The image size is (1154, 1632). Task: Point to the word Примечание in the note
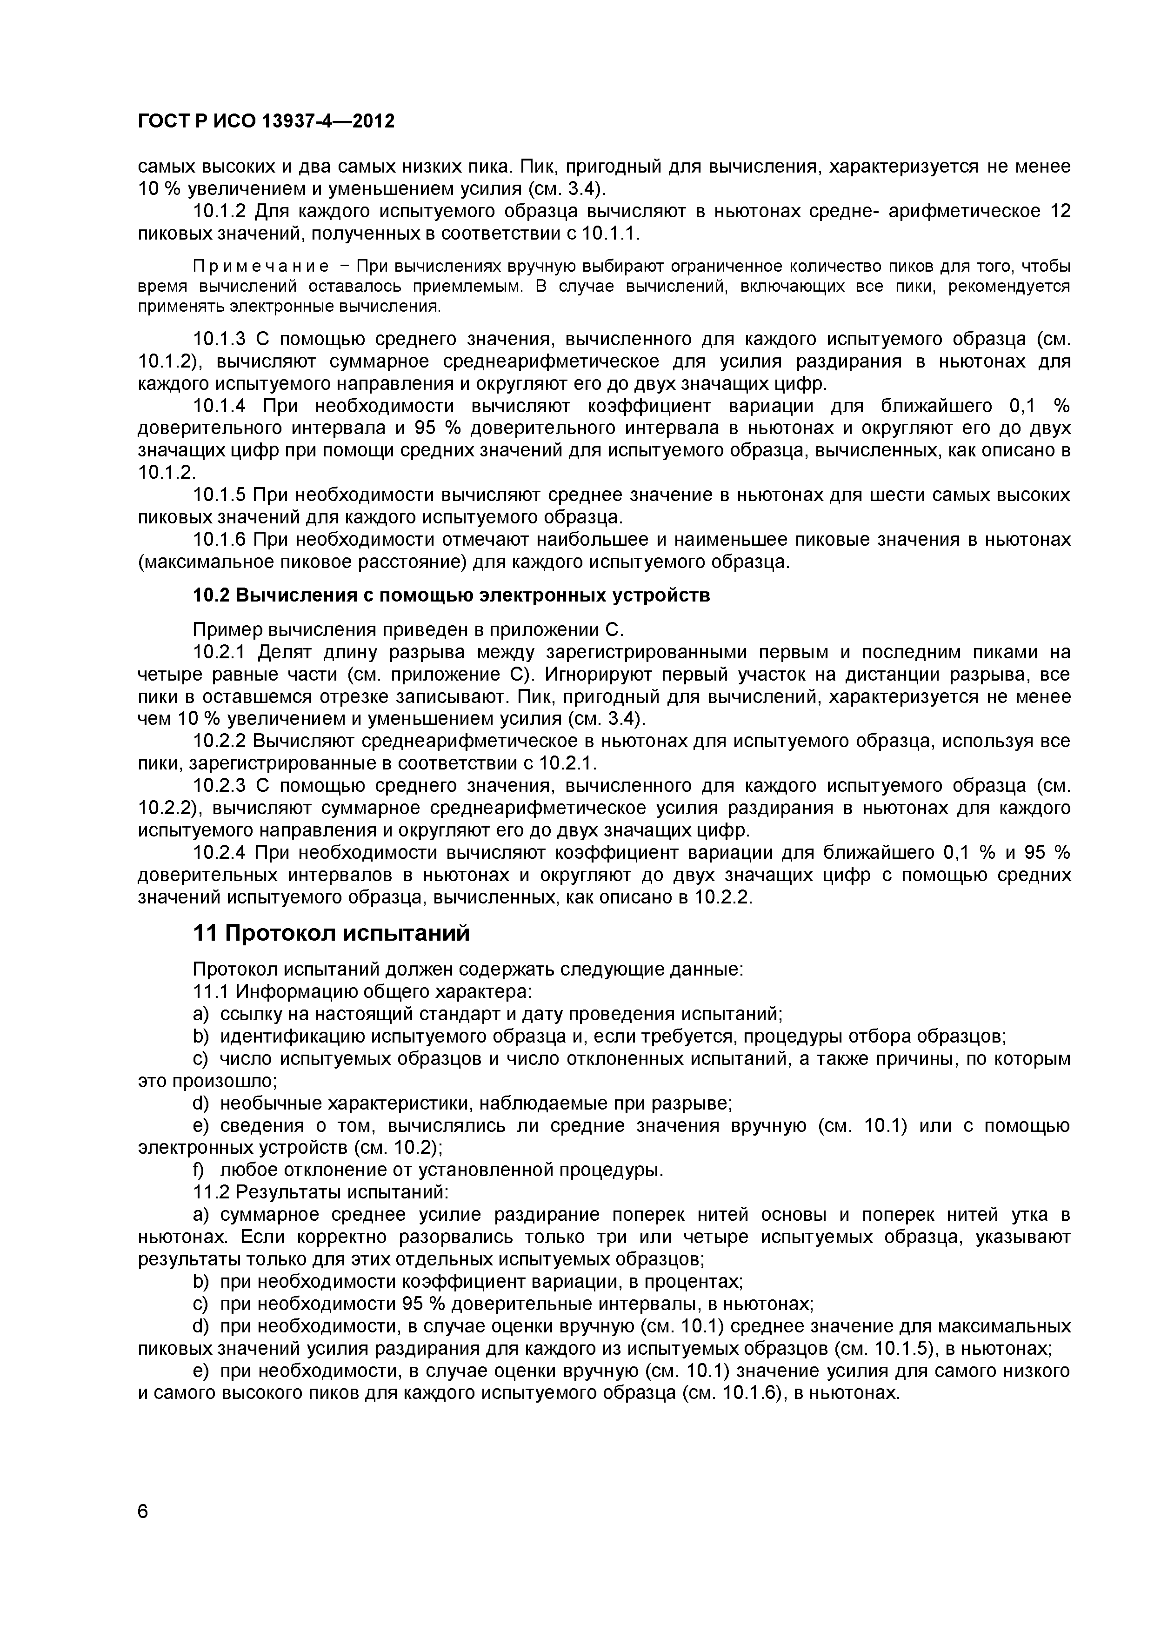261,267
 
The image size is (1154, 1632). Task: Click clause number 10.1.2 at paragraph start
219,211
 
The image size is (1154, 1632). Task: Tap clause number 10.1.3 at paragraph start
219,339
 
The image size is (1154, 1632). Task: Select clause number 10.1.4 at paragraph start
219,406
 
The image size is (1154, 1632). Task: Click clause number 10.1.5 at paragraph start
219,495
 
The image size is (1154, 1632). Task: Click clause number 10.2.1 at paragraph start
219,652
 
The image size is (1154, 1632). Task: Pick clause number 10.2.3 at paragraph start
219,785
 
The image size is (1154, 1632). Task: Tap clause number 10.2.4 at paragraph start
219,852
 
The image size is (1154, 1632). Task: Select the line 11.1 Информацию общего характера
362,991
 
